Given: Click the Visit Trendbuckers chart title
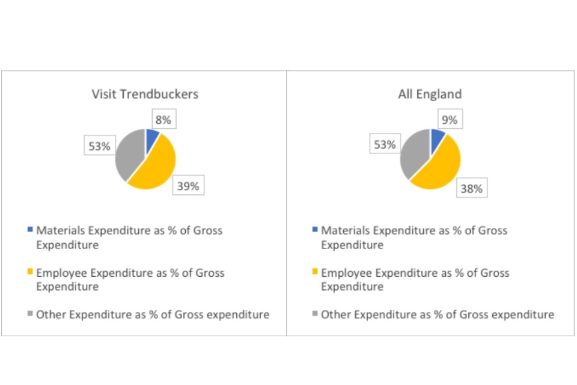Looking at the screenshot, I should click(145, 94).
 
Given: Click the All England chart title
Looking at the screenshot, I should click(430, 94).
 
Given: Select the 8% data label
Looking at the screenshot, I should click(163, 120).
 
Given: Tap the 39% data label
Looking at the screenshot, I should click(188, 186).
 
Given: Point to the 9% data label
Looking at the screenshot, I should click(449, 120).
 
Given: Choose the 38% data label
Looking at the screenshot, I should click(472, 188).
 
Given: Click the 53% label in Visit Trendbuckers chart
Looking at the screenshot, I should click(100, 146).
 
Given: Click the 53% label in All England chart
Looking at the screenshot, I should click(385, 144).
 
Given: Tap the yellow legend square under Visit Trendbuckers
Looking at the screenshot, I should click(31, 273).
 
